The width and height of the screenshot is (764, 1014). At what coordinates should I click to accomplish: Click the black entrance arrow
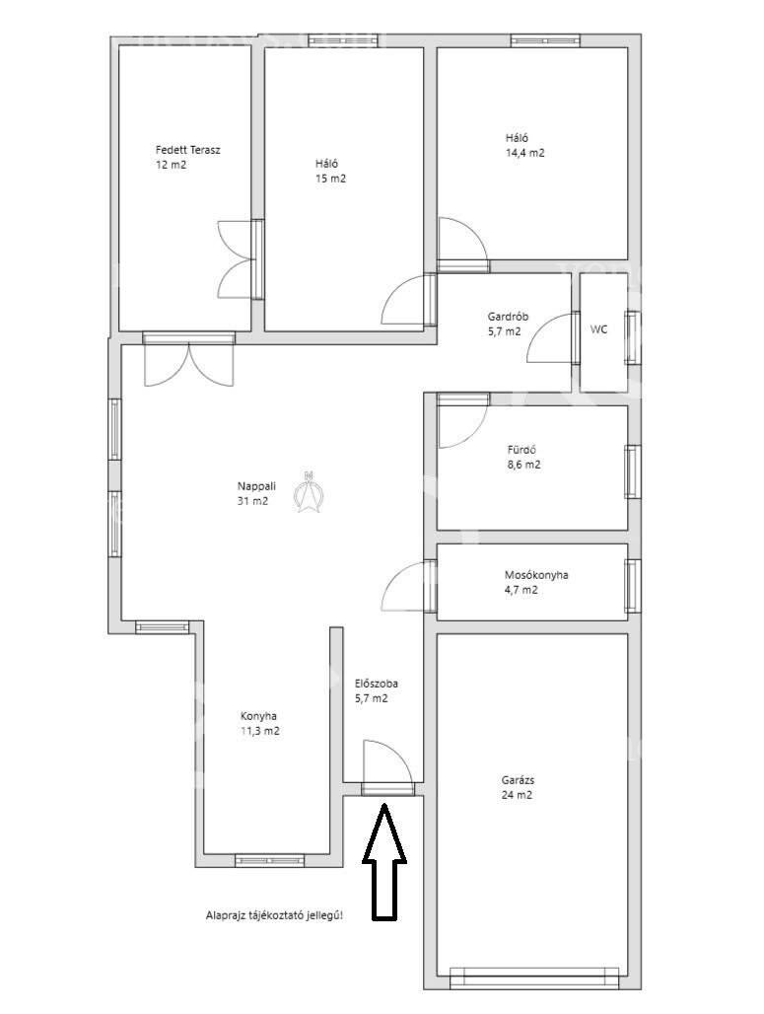[383, 861]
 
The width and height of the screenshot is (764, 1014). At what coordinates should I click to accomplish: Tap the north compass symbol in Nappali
[309, 491]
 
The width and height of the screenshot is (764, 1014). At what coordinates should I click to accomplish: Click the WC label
[599, 329]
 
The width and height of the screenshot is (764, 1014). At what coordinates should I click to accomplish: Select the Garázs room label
[518, 780]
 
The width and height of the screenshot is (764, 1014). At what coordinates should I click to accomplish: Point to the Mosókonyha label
[536, 575]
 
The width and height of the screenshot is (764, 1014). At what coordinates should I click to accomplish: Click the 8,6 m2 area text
[524, 465]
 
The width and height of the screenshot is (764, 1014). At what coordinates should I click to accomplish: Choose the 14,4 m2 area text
[524, 153]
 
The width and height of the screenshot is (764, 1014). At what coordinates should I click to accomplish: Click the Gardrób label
[508, 317]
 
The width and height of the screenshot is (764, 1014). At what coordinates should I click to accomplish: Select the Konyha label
[258, 716]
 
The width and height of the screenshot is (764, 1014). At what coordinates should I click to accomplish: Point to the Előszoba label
[377, 684]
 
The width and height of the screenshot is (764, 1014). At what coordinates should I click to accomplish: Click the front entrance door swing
[387, 761]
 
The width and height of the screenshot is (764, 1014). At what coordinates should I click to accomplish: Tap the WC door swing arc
[549, 338]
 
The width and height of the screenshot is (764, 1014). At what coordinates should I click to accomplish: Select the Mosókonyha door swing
[405, 585]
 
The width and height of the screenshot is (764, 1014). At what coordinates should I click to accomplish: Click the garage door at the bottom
[534, 978]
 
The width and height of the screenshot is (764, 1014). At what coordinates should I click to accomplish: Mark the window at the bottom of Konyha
[269, 860]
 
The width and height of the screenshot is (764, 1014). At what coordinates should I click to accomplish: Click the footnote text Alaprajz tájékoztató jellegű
[274, 915]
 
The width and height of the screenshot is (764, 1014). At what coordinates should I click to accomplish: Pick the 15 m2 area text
[330, 180]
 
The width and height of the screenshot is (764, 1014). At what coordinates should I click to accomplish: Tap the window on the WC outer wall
[632, 337]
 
